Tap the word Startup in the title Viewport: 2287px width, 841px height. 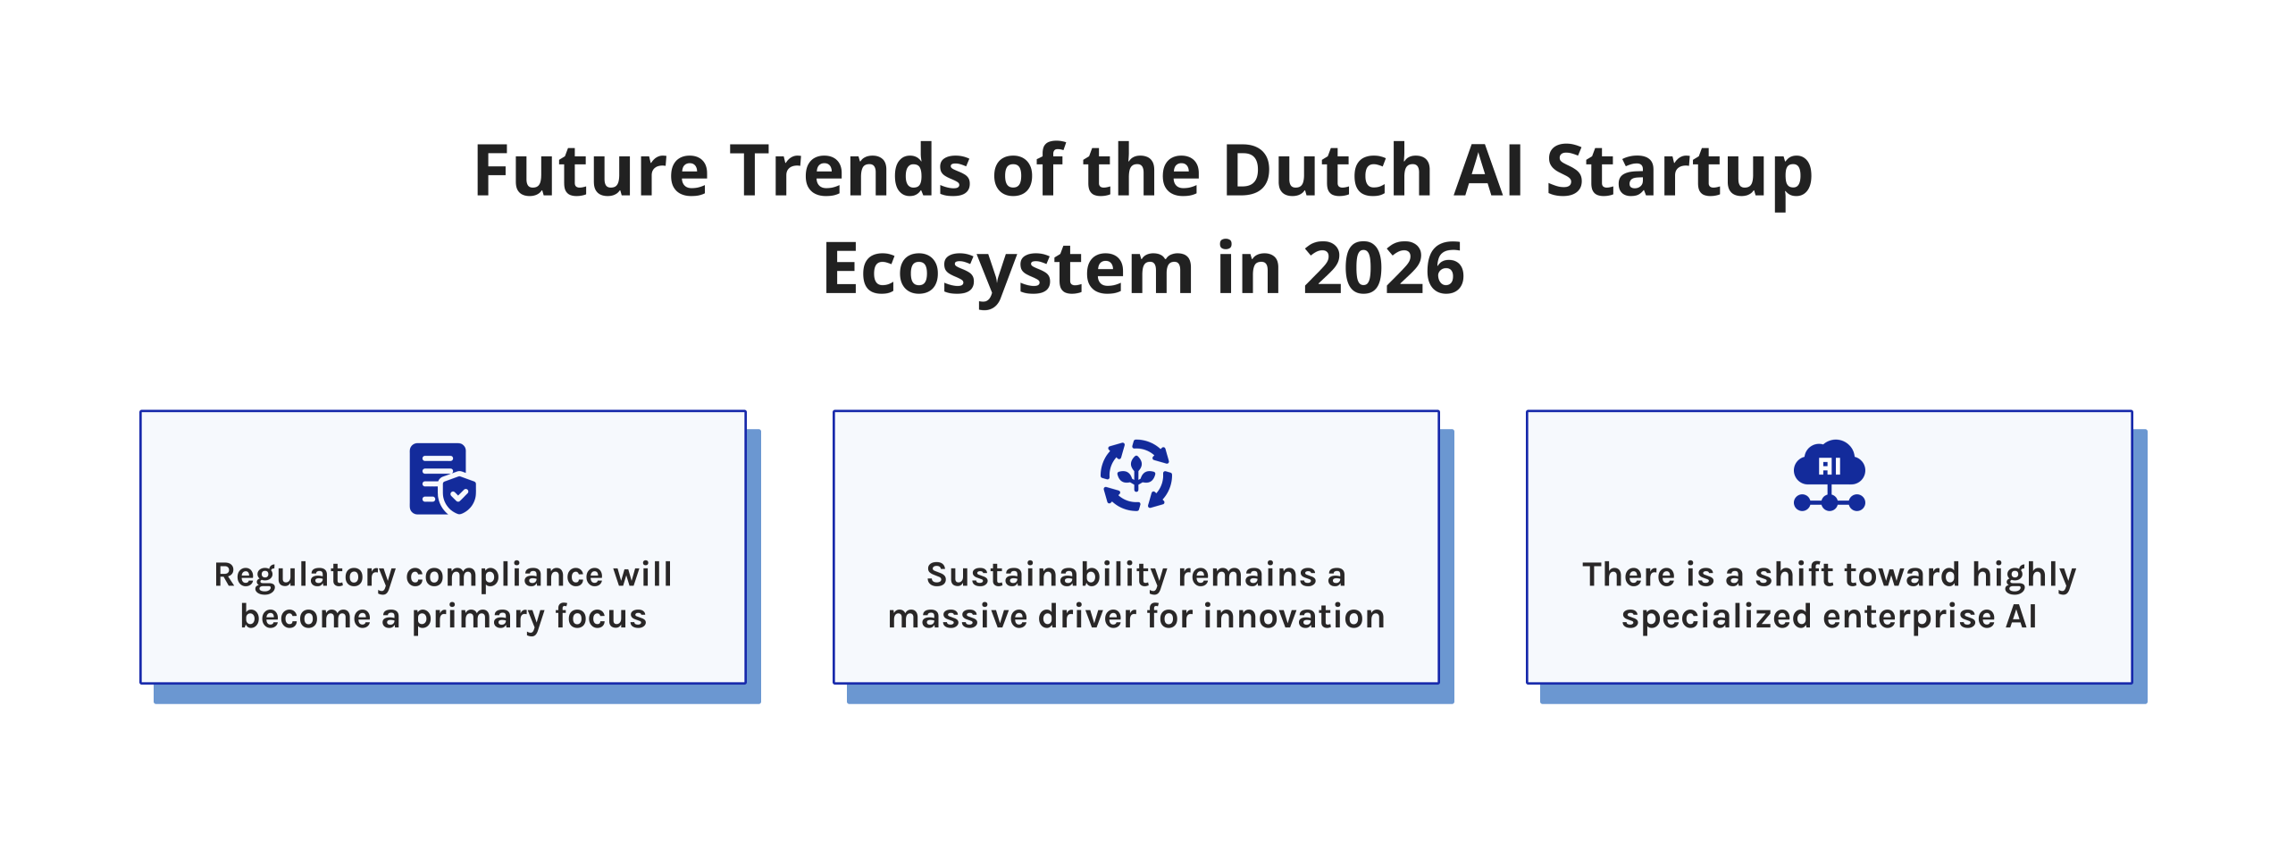pos(1679,172)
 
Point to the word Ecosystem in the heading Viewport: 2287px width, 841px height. pos(1008,270)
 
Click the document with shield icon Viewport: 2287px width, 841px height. pos(442,479)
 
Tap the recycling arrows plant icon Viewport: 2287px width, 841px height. pos(1135,475)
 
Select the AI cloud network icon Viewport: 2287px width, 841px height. pos(1829,475)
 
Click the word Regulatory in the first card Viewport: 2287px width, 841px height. pos(305,576)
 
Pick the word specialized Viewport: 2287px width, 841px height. pos(1716,618)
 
